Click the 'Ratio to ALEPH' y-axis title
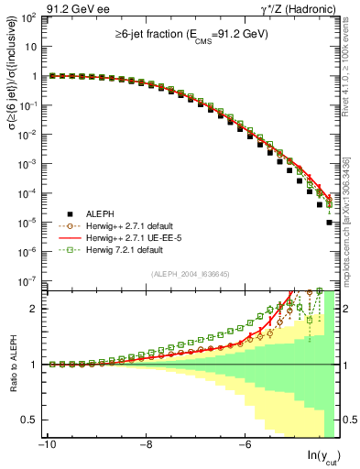(x=12, y=365)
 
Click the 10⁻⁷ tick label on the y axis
(x=28, y=280)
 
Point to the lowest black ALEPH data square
(x=329, y=247)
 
